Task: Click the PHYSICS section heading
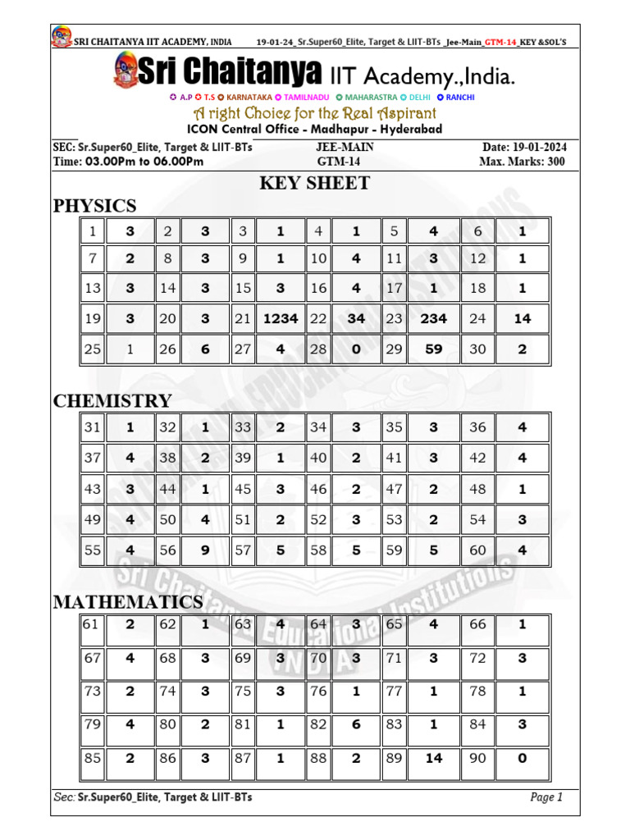coord(94,205)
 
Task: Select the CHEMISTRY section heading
coord(112,401)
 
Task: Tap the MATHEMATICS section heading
coord(128,602)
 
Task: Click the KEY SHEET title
coord(315,183)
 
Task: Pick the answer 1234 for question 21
coord(280,319)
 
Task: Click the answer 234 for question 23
coord(433,319)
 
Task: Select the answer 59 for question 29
coord(433,349)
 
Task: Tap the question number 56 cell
coord(167,550)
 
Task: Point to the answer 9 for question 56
coord(205,550)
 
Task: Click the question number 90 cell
coord(477,759)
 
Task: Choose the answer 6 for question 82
coord(356,725)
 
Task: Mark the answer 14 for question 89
coord(433,759)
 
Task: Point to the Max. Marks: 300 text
coord(522,162)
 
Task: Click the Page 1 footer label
coord(546,797)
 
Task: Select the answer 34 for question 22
coord(356,319)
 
